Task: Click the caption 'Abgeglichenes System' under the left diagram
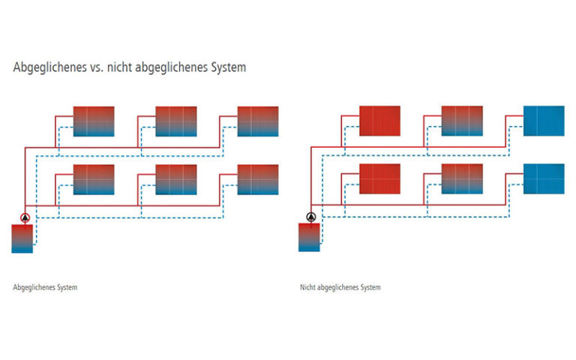click(x=45, y=287)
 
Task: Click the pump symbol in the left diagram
click(x=24, y=218)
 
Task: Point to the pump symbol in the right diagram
click(x=310, y=217)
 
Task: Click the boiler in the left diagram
click(x=22, y=238)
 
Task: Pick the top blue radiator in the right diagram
click(x=544, y=121)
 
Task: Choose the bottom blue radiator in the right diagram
click(x=544, y=179)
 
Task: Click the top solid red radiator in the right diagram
click(x=380, y=121)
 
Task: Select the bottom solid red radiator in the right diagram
click(x=380, y=179)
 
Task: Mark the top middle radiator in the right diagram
click(x=462, y=121)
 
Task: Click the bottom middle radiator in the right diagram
click(x=462, y=179)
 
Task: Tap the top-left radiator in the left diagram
click(x=94, y=121)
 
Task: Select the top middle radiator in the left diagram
click(x=175, y=121)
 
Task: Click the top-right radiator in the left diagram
click(x=257, y=121)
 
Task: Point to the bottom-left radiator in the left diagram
click(x=94, y=179)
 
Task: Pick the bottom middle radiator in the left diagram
click(x=175, y=179)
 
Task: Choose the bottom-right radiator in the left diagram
click(x=257, y=179)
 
